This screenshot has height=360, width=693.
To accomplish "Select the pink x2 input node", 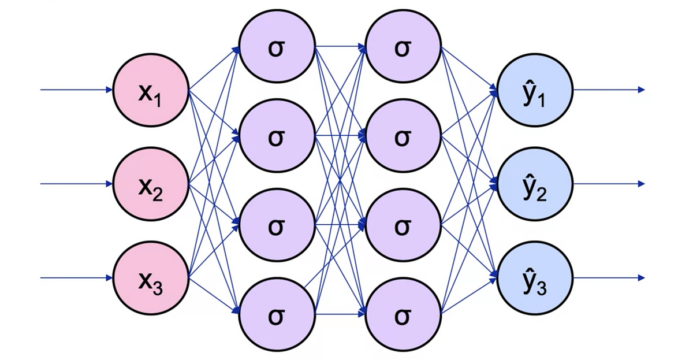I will click(151, 184).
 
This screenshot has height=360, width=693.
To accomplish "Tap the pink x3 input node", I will click(151, 278).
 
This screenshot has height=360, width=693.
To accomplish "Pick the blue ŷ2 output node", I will click(535, 184).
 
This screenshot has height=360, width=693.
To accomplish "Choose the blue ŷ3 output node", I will click(535, 278).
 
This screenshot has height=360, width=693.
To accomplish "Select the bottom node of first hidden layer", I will click(277, 315).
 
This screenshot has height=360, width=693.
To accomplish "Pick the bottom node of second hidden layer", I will click(403, 315).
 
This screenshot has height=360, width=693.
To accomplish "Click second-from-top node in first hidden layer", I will click(277, 137).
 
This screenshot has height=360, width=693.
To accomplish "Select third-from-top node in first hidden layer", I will click(277, 225).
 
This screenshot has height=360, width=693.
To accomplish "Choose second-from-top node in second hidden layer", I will click(403, 137).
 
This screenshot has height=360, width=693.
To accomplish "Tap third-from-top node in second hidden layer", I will click(403, 225).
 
